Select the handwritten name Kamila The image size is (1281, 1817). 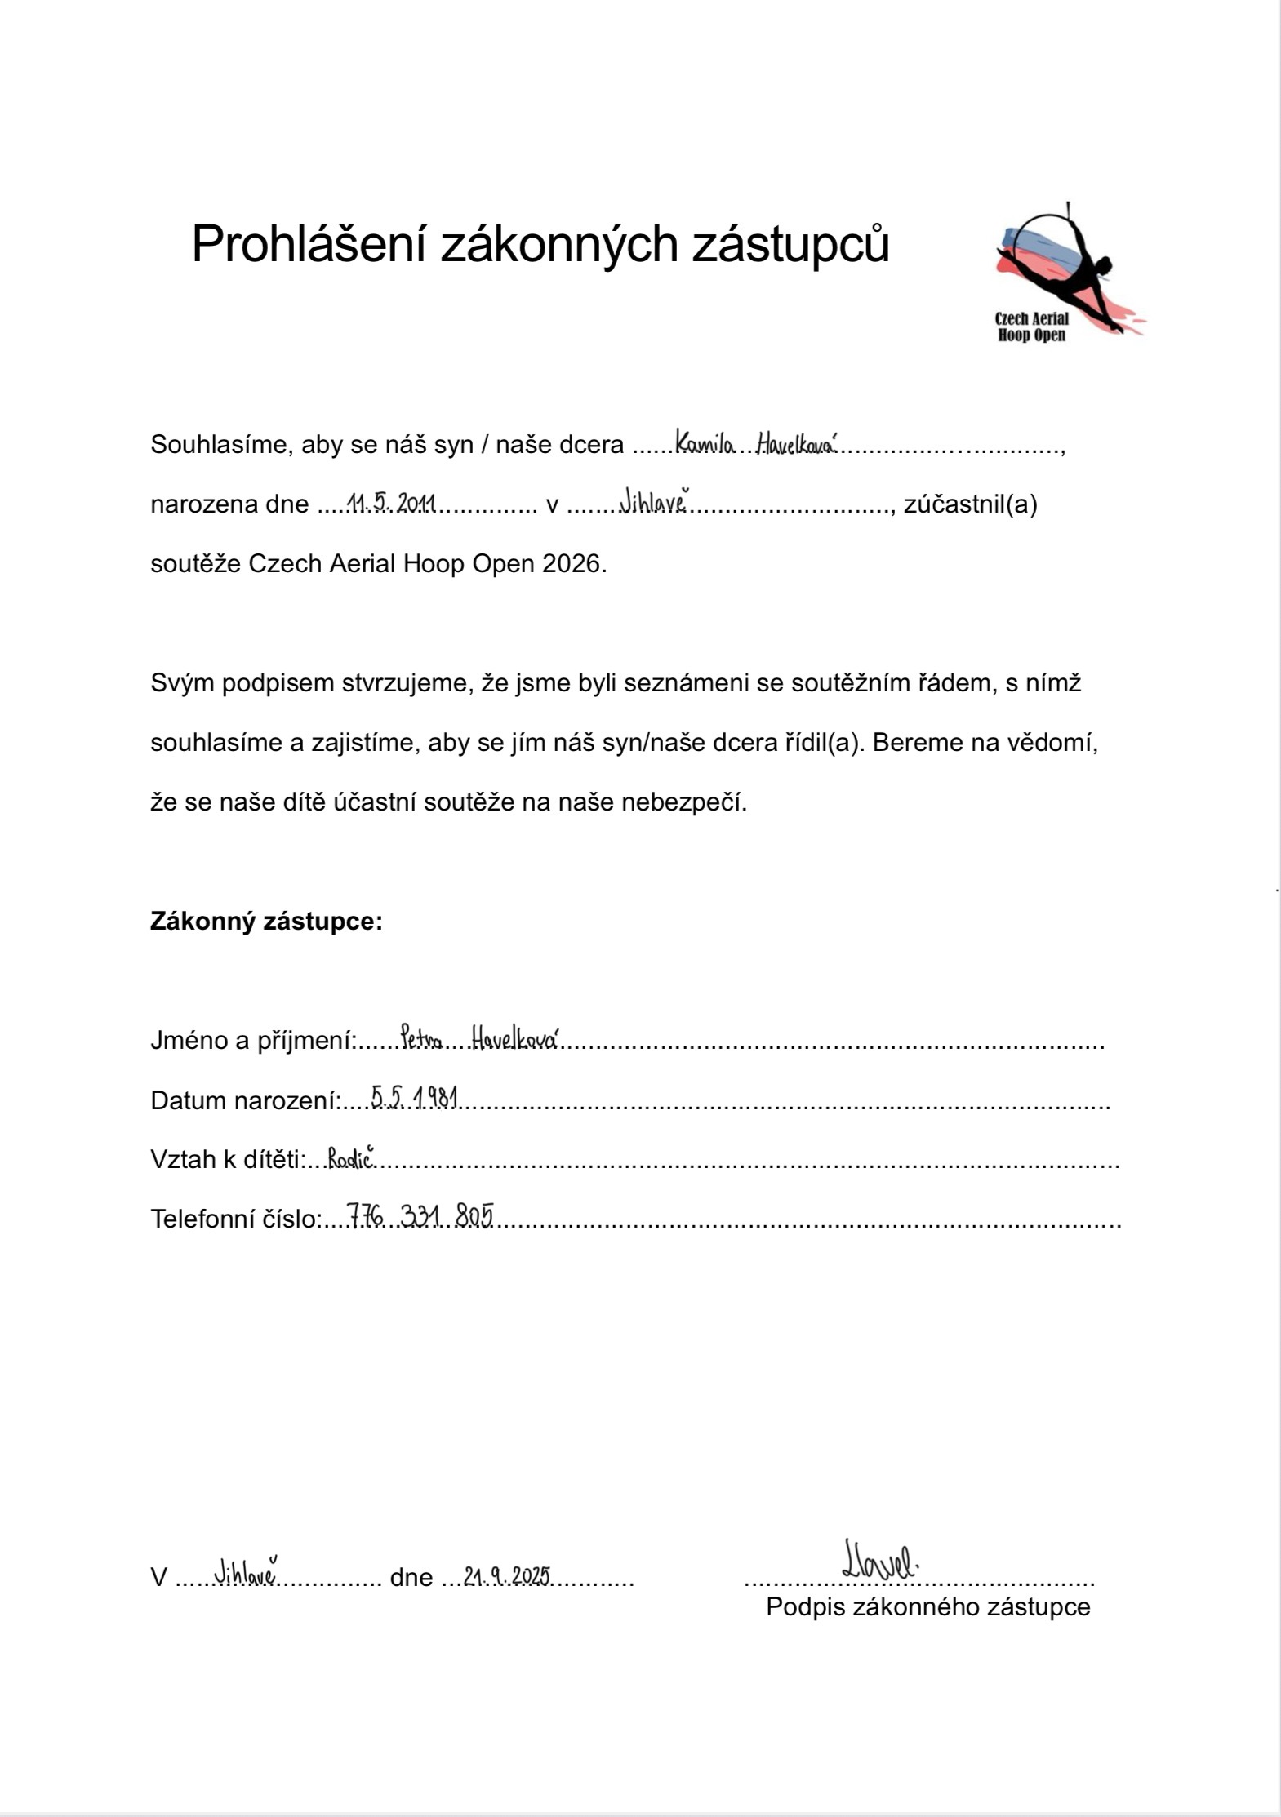click(705, 445)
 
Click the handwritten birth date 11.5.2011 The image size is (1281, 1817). click(391, 504)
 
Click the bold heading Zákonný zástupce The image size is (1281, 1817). click(266, 922)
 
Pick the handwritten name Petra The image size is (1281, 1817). click(421, 1039)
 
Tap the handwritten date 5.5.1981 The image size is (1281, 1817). click(414, 1098)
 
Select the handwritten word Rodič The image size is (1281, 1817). click(351, 1157)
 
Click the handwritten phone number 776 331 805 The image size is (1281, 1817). click(420, 1216)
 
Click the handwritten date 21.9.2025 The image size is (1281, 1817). click(506, 1576)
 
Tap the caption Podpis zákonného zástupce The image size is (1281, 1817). click(927, 1606)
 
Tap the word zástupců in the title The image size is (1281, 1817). click(790, 243)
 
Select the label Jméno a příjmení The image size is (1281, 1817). click(253, 1041)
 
